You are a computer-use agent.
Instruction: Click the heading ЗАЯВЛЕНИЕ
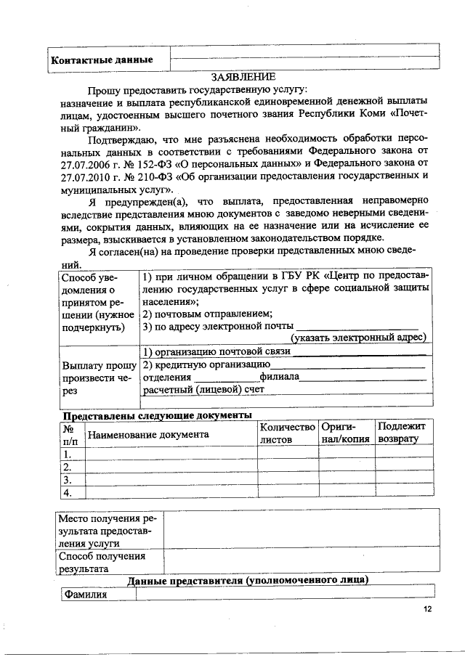(243, 76)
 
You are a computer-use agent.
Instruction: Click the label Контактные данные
(101, 60)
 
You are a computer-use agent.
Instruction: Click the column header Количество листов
(287, 433)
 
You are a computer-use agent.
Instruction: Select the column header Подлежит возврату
(402, 433)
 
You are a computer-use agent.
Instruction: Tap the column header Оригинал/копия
(346, 433)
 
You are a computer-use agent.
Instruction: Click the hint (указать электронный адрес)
(357, 338)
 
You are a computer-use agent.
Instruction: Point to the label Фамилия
(85, 595)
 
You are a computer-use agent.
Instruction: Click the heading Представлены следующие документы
(157, 415)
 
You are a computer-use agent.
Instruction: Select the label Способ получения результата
(102, 563)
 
